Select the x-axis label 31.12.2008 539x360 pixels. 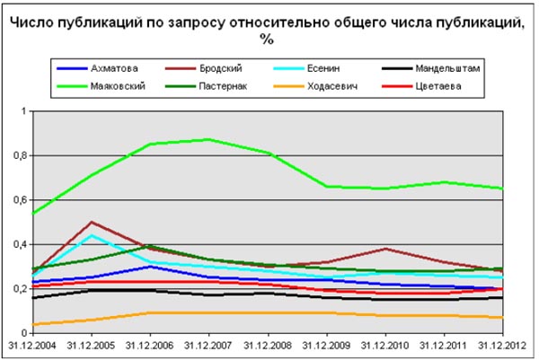[x=268, y=345]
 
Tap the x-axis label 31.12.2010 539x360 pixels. [x=385, y=345]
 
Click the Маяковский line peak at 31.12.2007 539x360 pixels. [x=209, y=139]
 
